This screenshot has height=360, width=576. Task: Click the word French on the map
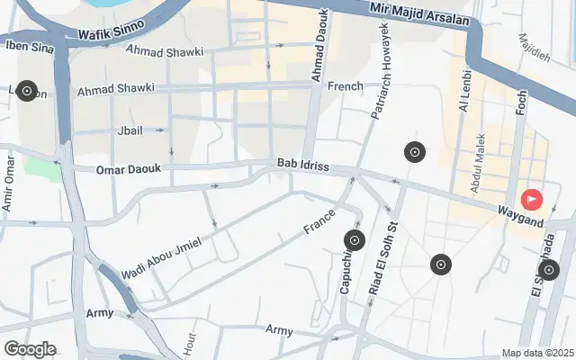pos(346,86)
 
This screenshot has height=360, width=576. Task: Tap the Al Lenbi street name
pos(464,92)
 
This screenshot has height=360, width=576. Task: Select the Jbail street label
pos(130,130)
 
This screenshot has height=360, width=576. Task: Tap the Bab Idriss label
pos(303,165)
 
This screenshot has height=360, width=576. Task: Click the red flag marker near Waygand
pos(532,198)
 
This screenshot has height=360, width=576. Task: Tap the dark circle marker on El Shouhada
pos(548,270)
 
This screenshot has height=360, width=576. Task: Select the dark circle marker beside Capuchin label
pos(355,240)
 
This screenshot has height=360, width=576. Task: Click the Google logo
pos(30,349)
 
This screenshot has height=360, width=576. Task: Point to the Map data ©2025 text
pos(537,353)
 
